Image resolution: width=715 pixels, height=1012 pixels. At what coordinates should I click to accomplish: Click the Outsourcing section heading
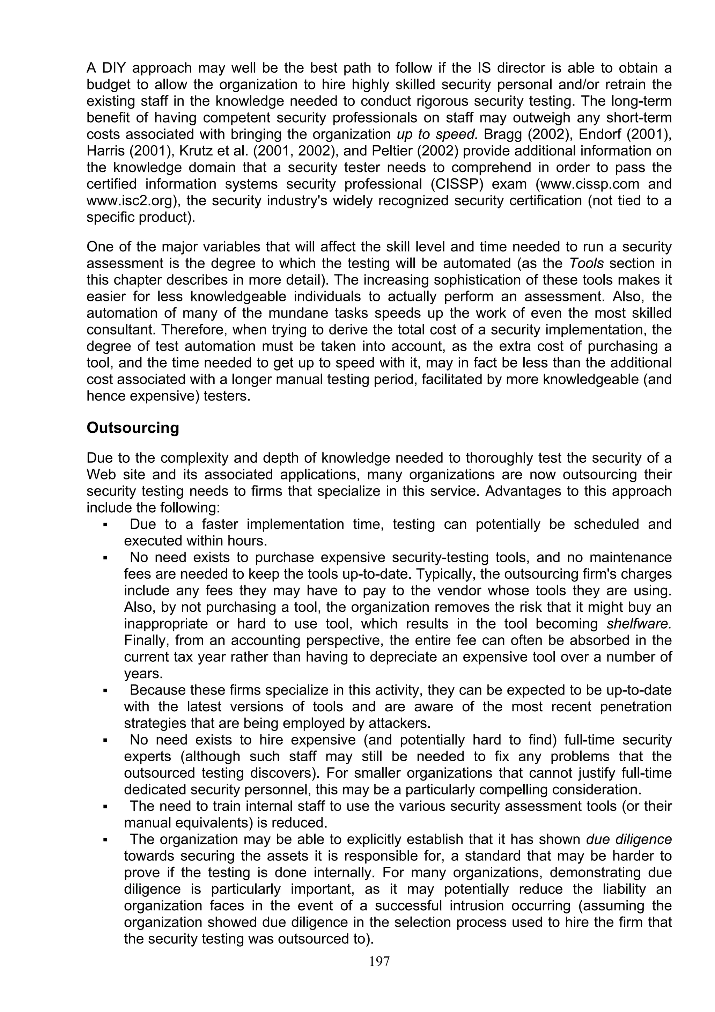[133, 428]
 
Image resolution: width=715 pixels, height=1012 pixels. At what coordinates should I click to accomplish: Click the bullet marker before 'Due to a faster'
[105, 525]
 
